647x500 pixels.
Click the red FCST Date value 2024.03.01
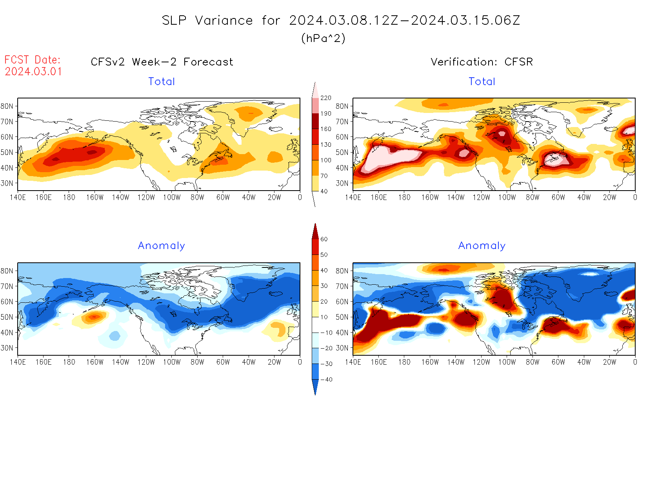pyautogui.click(x=33, y=72)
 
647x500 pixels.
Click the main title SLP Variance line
pyautogui.click(x=341, y=20)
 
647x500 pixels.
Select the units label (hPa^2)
pyautogui.click(x=323, y=38)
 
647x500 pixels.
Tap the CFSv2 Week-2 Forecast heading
pyautogui.click(x=162, y=62)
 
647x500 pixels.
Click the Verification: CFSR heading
pyautogui.click(x=482, y=62)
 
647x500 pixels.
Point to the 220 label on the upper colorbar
pyautogui.click(x=326, y=98)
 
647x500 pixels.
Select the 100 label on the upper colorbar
pyautogui.click(x=326, y=160)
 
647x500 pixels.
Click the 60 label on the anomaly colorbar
pyautogui.click(x=324, y=239)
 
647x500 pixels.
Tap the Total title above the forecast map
pyautogui.click(x=162, y=82)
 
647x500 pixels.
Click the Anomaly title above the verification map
pyautogui.click(x=482, y=246)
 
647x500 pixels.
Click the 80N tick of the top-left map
pyautogui.click(x=7, y=106)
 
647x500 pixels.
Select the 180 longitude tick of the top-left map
pyautogui.click(x=69, y=198)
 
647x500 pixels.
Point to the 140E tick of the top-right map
pyautogui.click(x=353, y=198)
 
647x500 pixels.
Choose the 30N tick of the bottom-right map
pyautogui.click(x=342, y=348)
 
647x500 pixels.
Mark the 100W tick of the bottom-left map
pyautogui.click(x=172, y=362)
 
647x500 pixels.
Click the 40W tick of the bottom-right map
pyautogui.click(x=584, y=362)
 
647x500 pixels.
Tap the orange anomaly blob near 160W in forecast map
pyautogui.click(x=94, y=317)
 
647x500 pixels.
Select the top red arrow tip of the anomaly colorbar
pyautogui.click(x=315, y=225)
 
